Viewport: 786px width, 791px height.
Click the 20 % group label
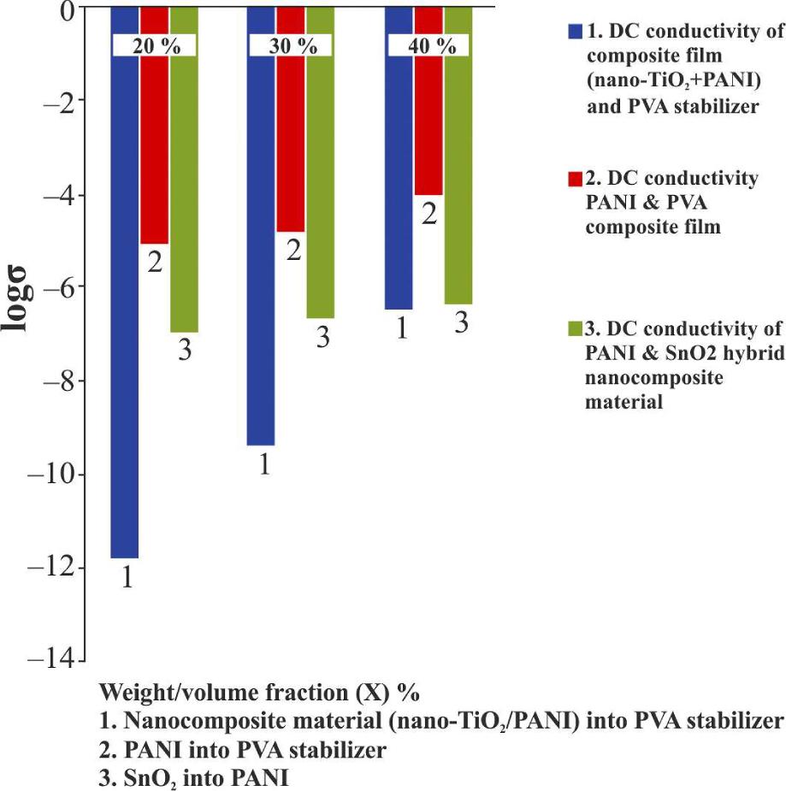(x=156, y=46)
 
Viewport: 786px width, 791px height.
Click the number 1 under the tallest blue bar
(x=126, y=579)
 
